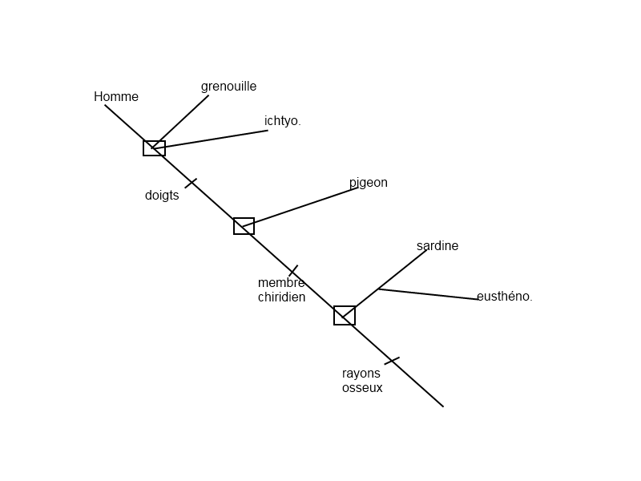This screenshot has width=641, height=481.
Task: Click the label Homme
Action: pyautogui.click(x=116, y=97)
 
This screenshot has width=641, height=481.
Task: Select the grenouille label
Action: pyautogui.click(x=228, y=87)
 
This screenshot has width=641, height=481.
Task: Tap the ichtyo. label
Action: pyautogui.click(x=282, y=121)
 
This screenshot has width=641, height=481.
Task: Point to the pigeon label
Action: pyautogui.click(x=368, y=183)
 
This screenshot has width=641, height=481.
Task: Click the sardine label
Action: pyautogui.click(x=437, y=246)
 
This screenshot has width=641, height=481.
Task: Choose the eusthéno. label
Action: pyautogui.click(x=504, y=297)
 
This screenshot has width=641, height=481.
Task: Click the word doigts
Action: pyautogui.click(x=162, y=196)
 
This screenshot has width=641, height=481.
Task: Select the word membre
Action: pyautogui.click(x=281, y=283)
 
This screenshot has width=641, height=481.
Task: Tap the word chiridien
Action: pyautogui.click(x=281, y=297)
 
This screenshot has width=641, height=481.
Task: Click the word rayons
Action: pyautogui.click(x=361, y=374)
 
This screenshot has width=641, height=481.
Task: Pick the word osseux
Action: pyautogui.click(x=362, y=388)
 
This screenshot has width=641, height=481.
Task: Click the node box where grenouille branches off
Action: pyautogui.click(x=154, y=148)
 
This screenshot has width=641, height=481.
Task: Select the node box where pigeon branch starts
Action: pyautogui.click(x=244, y=226)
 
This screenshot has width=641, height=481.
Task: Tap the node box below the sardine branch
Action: pyautogui.click(x=345, y=316)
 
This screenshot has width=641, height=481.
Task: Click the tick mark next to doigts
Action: pyautogui.click(x=191, y=184)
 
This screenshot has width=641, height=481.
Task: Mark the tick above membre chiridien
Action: pyautogui.click(x=293, y=271)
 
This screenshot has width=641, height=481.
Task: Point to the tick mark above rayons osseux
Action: pyautogui.click(x=392, y=361)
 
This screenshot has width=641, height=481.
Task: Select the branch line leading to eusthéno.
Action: pyautogui.click(x=429, y=294)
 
